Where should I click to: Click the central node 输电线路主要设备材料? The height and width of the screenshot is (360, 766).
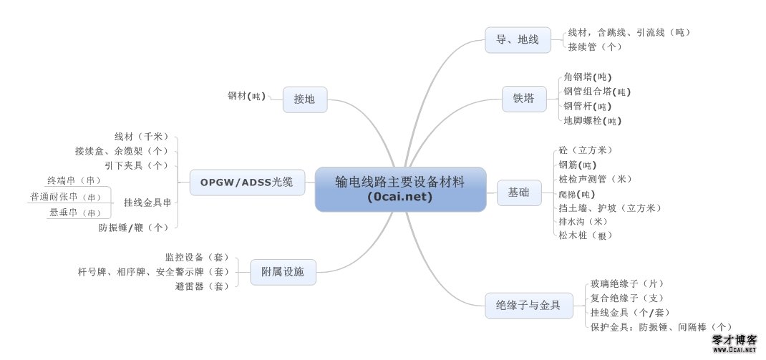[x=400, y=189]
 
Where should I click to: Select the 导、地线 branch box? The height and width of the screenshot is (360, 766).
[x=518, y=39]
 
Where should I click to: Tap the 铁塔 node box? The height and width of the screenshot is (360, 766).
[x=523, y=99]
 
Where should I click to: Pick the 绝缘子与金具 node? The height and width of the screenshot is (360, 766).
[x=523, y=306]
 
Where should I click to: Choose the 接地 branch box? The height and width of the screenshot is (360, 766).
[x=304, y=99]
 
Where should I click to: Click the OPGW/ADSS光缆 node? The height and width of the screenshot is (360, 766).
[x=247, y=182]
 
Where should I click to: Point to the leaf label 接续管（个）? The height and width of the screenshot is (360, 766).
[x=594, y=47]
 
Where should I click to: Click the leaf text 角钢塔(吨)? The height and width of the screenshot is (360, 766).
[x=587, y=77]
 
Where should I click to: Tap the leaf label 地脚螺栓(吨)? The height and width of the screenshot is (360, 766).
[x=592, y=121]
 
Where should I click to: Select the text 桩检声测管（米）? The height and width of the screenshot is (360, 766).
[x=595, y=179]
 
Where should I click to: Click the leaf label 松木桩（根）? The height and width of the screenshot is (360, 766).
[x=586, y=235]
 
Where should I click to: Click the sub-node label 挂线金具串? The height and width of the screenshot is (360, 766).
[x=147, y=202]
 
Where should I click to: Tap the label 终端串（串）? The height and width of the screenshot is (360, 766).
[x=74, y=180]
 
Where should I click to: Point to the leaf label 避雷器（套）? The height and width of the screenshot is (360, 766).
[x=202, y=286]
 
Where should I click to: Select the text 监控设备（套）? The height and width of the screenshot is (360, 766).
[x=196, y=257]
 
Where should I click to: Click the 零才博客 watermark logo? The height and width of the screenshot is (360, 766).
[x=733, y=344]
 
